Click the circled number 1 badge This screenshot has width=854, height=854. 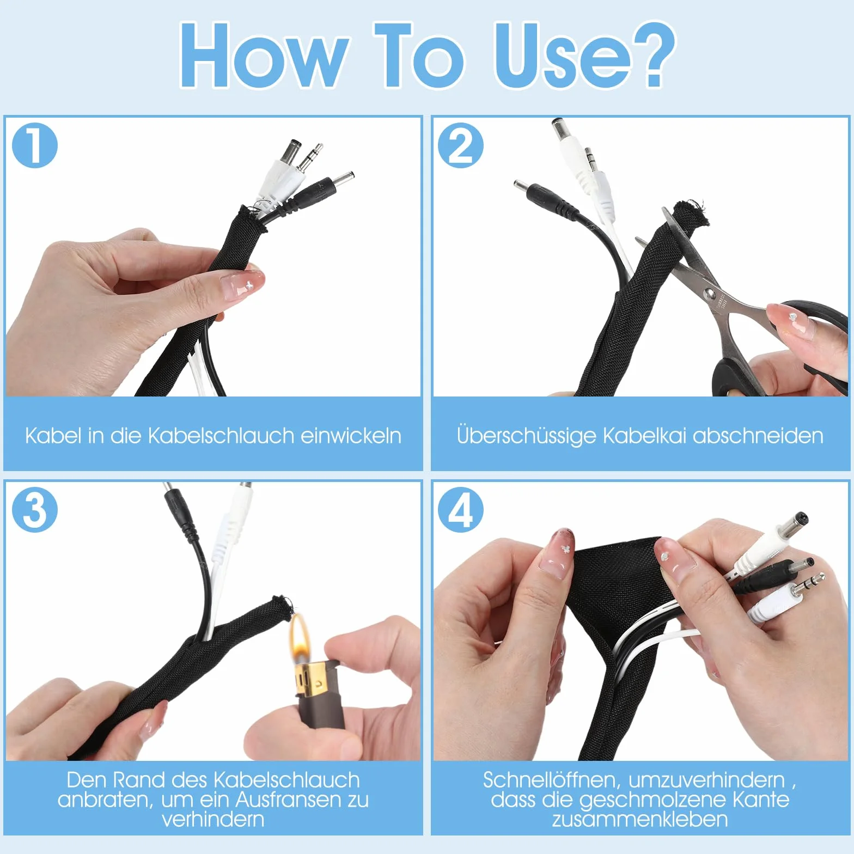35,145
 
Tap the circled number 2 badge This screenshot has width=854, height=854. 461,145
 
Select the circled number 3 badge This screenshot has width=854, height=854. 35,510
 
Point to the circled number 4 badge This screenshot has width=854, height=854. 461,510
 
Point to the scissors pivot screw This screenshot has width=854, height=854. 709,294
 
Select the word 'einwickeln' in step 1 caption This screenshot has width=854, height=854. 351,436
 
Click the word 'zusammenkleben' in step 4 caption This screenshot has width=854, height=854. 640,819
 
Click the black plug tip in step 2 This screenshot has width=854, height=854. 521,185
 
